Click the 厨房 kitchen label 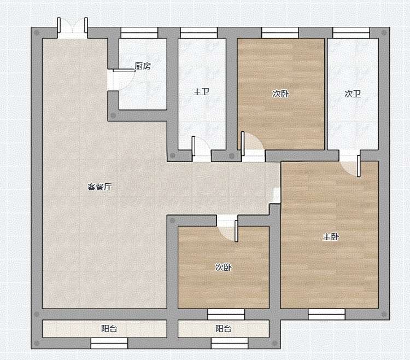point(143,66)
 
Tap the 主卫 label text point(201,92)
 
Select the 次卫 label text point(353,94)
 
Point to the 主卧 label point(331,237)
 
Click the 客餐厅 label point(99,187)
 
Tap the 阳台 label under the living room point(109,328)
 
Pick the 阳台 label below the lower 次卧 point(224,328)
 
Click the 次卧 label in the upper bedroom point(280,94)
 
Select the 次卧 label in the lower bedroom point(224,267)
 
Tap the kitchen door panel point(124,71)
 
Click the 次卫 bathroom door point(359,166)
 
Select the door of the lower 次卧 point(236,231)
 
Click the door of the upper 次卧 point(243,144)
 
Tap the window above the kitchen point(139,33)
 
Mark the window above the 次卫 point(351,33)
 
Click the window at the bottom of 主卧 point(326,314)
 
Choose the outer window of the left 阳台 point(109,343)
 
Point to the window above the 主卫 point(199,33)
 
